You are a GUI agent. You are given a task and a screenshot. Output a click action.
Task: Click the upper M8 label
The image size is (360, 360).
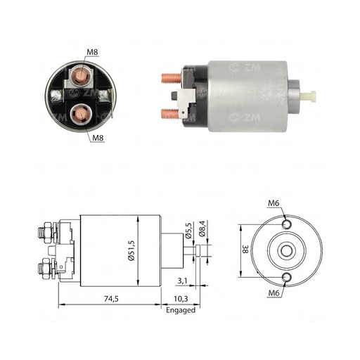click(x=92, y=51)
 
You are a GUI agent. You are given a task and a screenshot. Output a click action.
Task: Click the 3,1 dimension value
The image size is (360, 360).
click(x=182, y=281)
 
